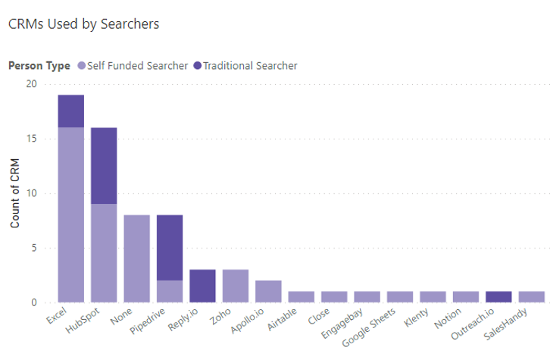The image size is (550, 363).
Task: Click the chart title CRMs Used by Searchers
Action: tap(83, 23)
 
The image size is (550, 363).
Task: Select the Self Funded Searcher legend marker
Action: tap(81, 66)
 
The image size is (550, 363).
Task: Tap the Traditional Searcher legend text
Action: tap(250, 66)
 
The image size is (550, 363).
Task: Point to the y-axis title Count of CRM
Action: tap(15, 193)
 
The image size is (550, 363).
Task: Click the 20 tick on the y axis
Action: tap(30, 84)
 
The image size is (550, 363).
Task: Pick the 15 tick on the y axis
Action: tap(30, 139)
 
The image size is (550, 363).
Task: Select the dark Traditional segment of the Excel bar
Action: tap(71, 111)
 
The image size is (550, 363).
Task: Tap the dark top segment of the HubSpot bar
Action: tap(104, 166)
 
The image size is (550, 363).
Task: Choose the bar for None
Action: tap(136, 258)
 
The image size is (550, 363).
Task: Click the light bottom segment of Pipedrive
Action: tap(170, 291)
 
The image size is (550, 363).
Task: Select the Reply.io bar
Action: tap(202, 286)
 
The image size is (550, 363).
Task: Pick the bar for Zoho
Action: tap(235, 286)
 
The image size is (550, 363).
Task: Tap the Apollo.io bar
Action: tap(268, 291)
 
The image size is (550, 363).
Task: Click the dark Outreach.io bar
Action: tap(498, 296)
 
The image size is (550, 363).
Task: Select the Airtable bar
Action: tap(301, 296)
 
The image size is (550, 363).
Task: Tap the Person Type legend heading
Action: tap(39, 66)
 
